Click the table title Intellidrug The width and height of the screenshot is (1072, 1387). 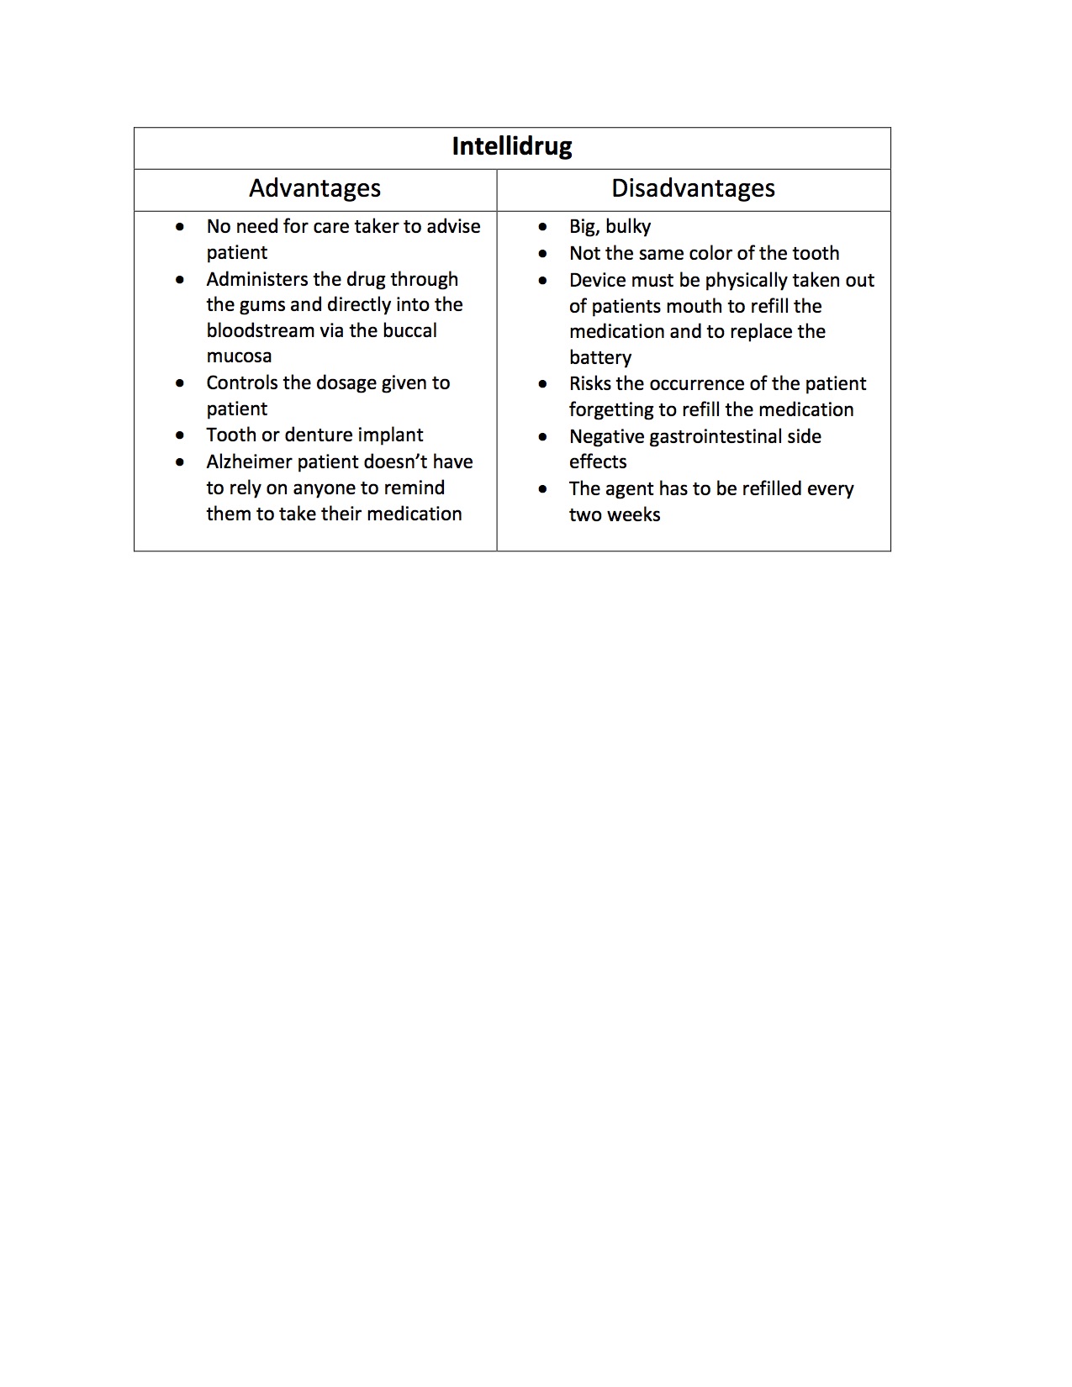coord(511,147)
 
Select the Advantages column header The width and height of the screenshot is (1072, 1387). coord(314,188)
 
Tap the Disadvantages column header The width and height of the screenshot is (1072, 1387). coord(693,188)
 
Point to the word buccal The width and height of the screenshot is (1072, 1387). coord(409,330)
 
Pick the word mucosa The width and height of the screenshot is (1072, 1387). coord(239,356)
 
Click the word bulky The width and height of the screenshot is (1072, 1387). coord(628,227)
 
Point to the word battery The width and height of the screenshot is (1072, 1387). coord(599,358)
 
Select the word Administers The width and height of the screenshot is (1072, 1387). coord(258,279)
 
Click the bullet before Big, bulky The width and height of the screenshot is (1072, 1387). coord(543,227)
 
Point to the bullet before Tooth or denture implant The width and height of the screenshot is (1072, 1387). coord(181,435)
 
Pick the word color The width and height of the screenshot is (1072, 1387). coord(711,253)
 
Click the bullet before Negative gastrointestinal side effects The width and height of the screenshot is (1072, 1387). coord(543,436)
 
